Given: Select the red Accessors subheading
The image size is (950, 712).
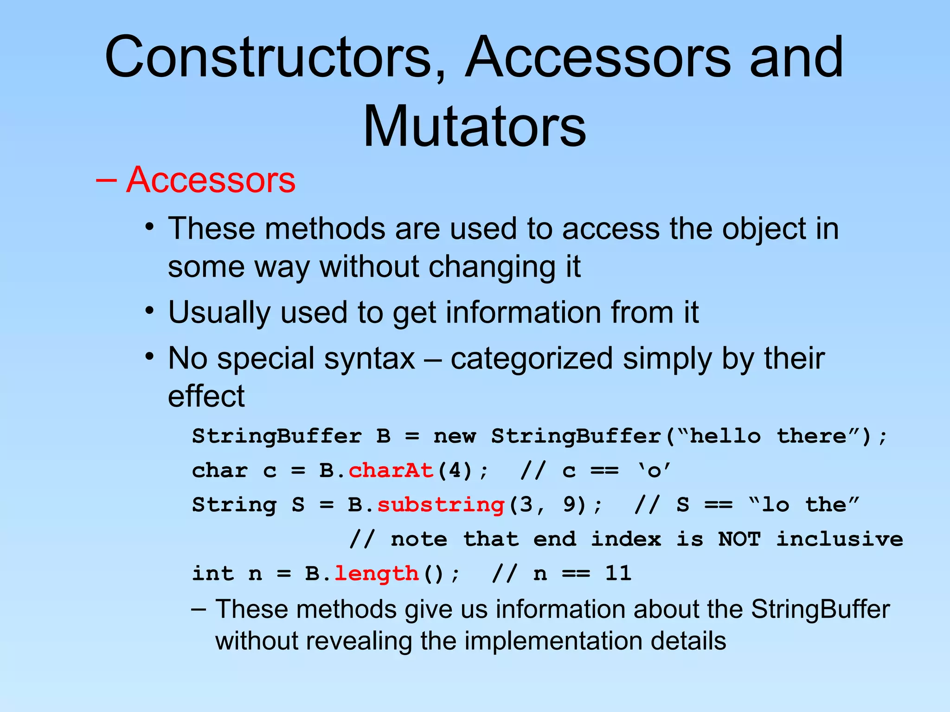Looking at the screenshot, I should coord(211,179).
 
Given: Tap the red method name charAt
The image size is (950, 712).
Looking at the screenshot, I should coord(391,470).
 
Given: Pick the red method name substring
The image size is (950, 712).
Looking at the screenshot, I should coord(441,505).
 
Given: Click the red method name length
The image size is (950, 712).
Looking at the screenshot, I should coord(376,573).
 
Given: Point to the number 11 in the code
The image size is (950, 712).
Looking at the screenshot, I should coord(618,573).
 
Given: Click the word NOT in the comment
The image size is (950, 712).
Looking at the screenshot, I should coord(739,539).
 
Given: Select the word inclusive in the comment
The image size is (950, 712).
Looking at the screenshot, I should coord(840,539).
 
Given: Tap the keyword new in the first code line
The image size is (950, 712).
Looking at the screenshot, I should coord(455,436).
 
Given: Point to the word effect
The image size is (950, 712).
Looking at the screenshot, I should coord(206,396).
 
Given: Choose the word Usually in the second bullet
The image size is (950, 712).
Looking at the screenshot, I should coord(219,312).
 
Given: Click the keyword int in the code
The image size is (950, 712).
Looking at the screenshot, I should coord(213,573).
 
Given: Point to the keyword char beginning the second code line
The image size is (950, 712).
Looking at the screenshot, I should coord(220,470).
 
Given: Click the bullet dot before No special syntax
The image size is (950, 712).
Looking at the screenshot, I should coord(149,357).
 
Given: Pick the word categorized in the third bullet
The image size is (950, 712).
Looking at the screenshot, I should coord(532,359).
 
